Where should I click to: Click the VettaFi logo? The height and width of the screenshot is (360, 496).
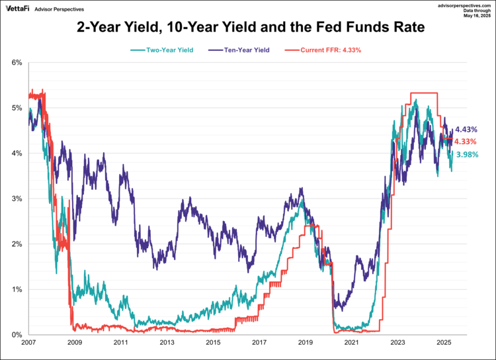click(x=19, y=8)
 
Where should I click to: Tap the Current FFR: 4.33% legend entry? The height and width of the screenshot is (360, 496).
click(x=325, y=50)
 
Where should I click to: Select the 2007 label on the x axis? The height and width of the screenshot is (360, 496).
click(x=28, y=343)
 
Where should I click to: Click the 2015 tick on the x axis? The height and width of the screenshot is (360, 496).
click(x=213, y=343)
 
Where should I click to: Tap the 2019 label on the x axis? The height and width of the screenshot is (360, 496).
click(x=306, y=343)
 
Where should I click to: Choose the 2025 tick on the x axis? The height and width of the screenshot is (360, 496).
click(x=444, y=343)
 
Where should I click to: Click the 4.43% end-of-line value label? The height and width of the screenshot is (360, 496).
click(x=466, y=130)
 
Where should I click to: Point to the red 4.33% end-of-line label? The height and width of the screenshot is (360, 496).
click(x=466, y=142)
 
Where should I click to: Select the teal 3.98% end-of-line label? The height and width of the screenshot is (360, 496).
click(x=466, y=155)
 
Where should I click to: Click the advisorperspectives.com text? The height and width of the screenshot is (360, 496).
click(x=462, y=5)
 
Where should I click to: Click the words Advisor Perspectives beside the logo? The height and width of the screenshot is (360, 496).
click(x=65, y=9)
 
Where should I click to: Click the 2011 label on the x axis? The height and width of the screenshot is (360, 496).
click(x=120, y=343)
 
